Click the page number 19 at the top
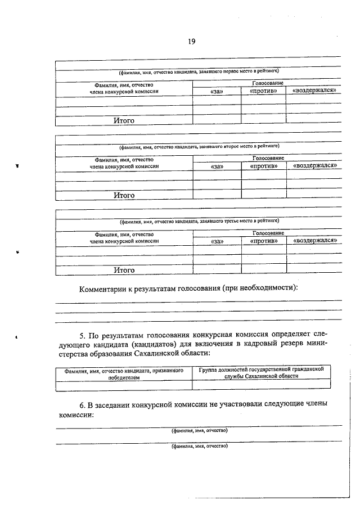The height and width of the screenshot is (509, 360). click(191, 40)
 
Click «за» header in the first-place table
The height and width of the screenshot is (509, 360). click(217, 91)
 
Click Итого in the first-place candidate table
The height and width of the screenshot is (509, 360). click(124, 120)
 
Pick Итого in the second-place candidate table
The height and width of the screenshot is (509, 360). click(124, 195)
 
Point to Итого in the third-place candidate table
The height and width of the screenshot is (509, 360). click(124, 270)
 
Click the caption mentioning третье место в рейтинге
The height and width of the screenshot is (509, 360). click(198, 221)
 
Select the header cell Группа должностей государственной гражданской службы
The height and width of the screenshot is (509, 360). click(261, 372)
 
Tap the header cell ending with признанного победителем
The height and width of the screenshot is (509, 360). click(124, 374)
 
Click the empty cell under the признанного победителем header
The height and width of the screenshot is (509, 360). click(124, 385)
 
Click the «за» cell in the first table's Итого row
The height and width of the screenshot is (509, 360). click(217, 119)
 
